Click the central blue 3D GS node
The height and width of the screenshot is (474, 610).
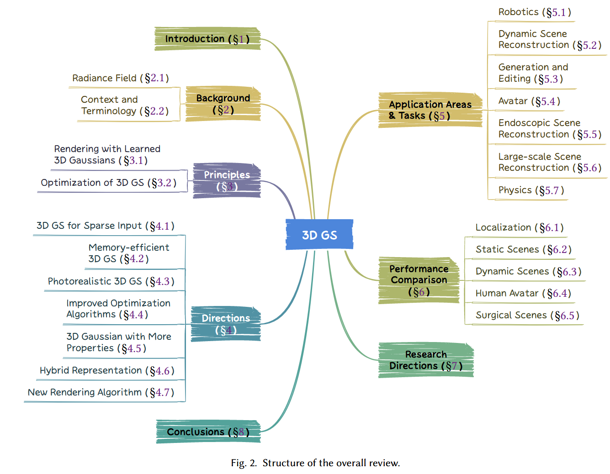click(319, 235)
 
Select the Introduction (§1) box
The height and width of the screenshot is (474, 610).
click(207, 39)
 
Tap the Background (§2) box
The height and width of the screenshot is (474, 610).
click(223, 104)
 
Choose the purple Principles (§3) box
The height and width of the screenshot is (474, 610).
click(227, 180)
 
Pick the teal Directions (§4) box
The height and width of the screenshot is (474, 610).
click(226, 324)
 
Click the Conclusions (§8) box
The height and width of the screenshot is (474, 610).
click(208, 432)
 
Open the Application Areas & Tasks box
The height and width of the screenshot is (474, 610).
click(430, 110)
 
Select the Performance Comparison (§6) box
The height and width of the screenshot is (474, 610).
click(419, 280)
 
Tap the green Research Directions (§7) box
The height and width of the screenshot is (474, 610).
click(426, 360)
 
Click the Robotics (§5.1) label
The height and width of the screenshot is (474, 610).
click(534, 12)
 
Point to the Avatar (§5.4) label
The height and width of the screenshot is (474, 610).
click(529, 101)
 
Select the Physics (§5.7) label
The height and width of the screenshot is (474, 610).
click(531, 190)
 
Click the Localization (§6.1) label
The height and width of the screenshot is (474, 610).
click(519, 227)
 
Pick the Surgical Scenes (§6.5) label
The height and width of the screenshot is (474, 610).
click(527, 315)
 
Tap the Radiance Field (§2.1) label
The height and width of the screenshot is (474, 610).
click(121, 78)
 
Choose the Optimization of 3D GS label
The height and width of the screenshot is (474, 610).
click(108, 183)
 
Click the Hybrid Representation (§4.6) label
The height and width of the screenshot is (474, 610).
click(107, 370)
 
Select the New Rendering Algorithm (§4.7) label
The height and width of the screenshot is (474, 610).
click(101, 392)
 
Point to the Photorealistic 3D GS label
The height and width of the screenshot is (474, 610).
click(111, 281)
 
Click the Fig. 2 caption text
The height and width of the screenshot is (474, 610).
click(315, 463)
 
